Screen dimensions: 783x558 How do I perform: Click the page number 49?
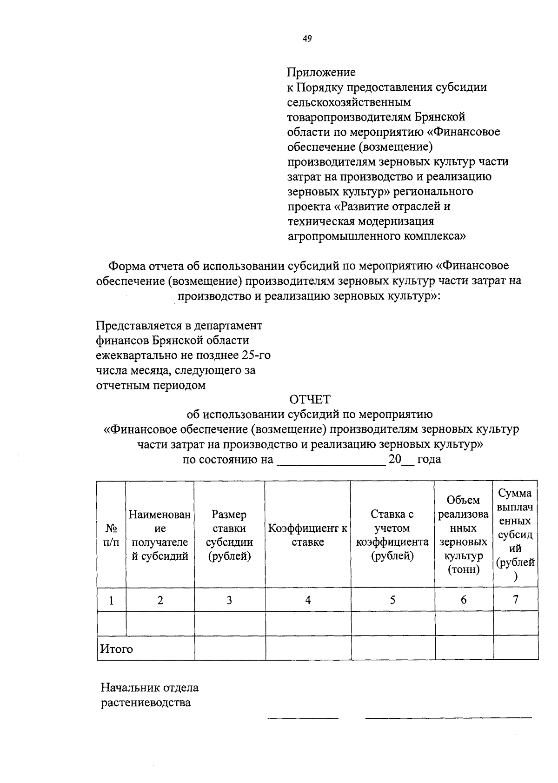pos(307,39)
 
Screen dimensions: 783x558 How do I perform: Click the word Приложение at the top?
pos(321,72)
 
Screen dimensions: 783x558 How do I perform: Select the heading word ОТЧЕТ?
pos(310,400)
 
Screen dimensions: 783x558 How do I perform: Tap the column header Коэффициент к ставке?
pos(308,535)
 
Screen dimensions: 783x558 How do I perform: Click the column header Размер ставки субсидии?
pos(229,535)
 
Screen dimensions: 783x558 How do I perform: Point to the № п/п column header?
pos(112,535)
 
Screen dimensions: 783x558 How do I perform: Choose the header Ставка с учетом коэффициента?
pos(392,535)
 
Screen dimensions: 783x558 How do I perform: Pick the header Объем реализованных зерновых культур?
pos(464,535)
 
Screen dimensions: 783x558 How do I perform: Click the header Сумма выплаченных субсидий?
pos(515,535)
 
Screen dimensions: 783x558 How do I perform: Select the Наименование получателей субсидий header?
pos(160,535)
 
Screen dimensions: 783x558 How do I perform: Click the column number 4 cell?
pos(308,600)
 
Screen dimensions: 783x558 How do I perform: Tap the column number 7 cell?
pos(515,600)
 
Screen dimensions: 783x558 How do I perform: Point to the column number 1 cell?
pos(112,600)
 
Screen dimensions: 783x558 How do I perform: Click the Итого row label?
pos(117,649)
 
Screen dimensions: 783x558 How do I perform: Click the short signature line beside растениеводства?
pos(303,717)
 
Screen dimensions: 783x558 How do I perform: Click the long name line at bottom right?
pos(448,717)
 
